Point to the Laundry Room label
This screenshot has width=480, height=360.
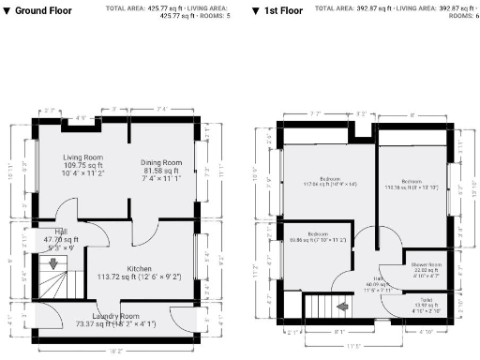click(x=116, y=316)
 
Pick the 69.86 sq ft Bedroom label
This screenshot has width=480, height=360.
click(x=315, y=236)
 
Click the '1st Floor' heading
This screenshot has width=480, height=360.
click(x=282, y=9)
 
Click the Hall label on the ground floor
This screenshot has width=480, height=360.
click(x=61, y=235)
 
